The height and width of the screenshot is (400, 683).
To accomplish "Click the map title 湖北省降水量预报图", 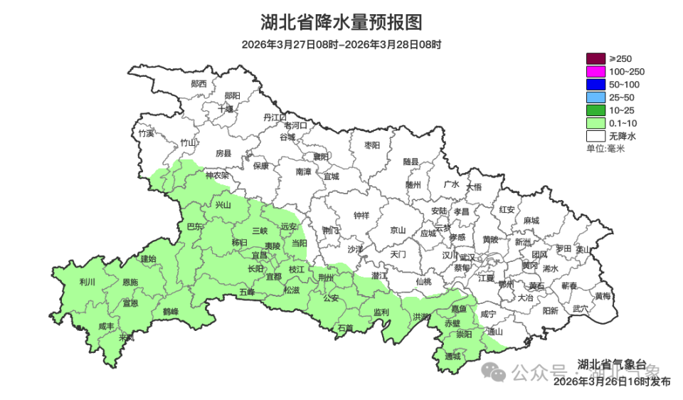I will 341,22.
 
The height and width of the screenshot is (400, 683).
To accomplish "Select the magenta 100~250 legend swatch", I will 595,72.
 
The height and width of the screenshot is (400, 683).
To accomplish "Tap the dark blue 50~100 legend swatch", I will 595,85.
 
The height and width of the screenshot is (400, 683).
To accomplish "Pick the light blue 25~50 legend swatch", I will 595,98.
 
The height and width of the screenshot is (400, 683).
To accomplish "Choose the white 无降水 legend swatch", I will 595,135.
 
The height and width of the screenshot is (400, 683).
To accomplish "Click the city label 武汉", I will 467,257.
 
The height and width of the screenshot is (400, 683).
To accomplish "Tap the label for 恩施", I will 130,283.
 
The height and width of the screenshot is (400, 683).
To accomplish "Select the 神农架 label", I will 217,174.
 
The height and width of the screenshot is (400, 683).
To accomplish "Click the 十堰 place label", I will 226,109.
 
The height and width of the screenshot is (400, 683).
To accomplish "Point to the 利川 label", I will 88,283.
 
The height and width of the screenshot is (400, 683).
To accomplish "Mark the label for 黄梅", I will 603,295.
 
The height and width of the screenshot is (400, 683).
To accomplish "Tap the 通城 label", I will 452,356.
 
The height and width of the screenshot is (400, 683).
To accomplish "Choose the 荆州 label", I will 327,278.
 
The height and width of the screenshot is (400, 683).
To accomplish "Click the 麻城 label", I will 531,221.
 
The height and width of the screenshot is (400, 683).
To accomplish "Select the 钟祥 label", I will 361,216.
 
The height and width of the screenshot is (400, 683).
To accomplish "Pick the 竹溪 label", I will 146,133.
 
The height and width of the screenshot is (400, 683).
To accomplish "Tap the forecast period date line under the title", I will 341,44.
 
